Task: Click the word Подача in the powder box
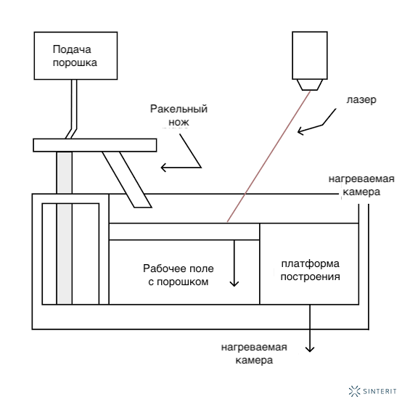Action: (72, 49)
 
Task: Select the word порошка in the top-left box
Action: (75, 63)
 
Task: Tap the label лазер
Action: (361, 99)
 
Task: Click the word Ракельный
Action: (179, 109)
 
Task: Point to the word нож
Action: (179, 123)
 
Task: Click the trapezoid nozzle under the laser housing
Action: (310, 85)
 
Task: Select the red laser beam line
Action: (268, 157)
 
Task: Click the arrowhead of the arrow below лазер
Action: (300, 131)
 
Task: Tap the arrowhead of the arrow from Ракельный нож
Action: (164, 168)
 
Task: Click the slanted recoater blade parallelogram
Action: (127, 179)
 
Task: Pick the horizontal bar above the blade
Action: (95, 145)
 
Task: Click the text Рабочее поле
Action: (179, 268)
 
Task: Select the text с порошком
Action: (179, 282)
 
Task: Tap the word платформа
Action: (311, 264)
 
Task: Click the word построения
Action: (311, 277)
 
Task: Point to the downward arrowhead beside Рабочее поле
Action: (234, 284)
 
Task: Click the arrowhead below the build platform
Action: (310, 349)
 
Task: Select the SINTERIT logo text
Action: (380, 391)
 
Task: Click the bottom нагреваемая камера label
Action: (254, 354)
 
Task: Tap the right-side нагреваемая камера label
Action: (361, 185)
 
